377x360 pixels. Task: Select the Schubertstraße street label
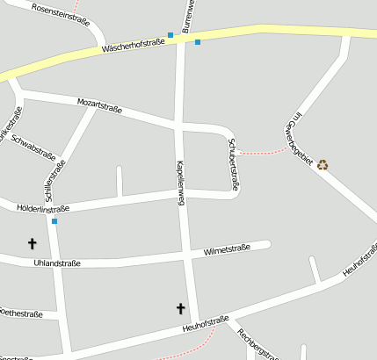[233, 164]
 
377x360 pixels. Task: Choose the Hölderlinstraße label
[42, 208]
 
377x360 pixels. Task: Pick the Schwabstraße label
[35, 153]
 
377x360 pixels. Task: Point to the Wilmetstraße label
[227, 250]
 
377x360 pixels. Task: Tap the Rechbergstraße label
[258, 345]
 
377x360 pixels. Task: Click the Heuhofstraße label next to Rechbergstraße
[206, 325]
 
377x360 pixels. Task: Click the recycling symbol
[323, 164]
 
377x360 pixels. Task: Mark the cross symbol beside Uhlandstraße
[33, 243]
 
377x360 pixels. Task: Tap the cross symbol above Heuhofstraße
[181, 308]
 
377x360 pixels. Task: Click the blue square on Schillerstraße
[54, 221]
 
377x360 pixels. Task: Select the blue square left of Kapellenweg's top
[170, 35]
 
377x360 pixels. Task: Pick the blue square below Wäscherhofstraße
[198, 42]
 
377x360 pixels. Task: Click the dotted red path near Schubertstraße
[264, 153]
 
